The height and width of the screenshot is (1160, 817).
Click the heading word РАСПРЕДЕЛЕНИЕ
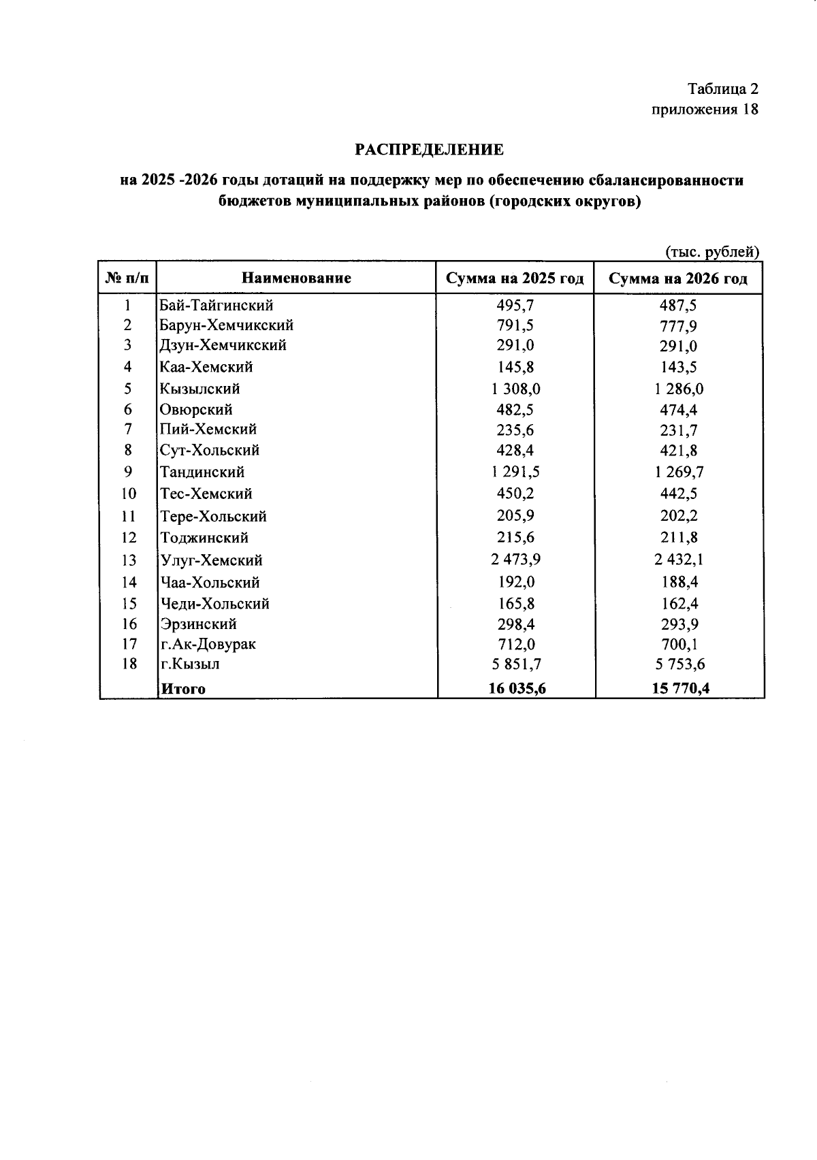429,149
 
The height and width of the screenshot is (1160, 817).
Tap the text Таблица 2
722,89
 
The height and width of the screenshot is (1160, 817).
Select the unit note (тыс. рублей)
711,251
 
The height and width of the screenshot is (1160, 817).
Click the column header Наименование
297,278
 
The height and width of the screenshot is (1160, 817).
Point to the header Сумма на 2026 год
677,278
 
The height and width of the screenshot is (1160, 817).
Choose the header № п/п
127,278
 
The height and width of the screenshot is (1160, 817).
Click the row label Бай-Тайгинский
216,305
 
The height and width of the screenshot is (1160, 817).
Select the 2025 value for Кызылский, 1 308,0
515,389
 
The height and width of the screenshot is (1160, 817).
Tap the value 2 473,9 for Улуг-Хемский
515,560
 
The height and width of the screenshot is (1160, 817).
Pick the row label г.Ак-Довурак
208,643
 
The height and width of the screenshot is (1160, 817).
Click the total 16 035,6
517,688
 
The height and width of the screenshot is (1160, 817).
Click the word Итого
182,689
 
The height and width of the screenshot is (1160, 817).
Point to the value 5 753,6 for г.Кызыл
679,664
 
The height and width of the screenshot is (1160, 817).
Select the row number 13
129,560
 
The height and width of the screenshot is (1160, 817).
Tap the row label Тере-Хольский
213,517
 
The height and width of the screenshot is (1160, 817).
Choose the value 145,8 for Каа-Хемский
515,367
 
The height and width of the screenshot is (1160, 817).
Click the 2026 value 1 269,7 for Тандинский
679,472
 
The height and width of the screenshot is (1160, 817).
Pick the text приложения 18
704,110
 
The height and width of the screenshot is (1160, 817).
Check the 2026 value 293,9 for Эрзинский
679,624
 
